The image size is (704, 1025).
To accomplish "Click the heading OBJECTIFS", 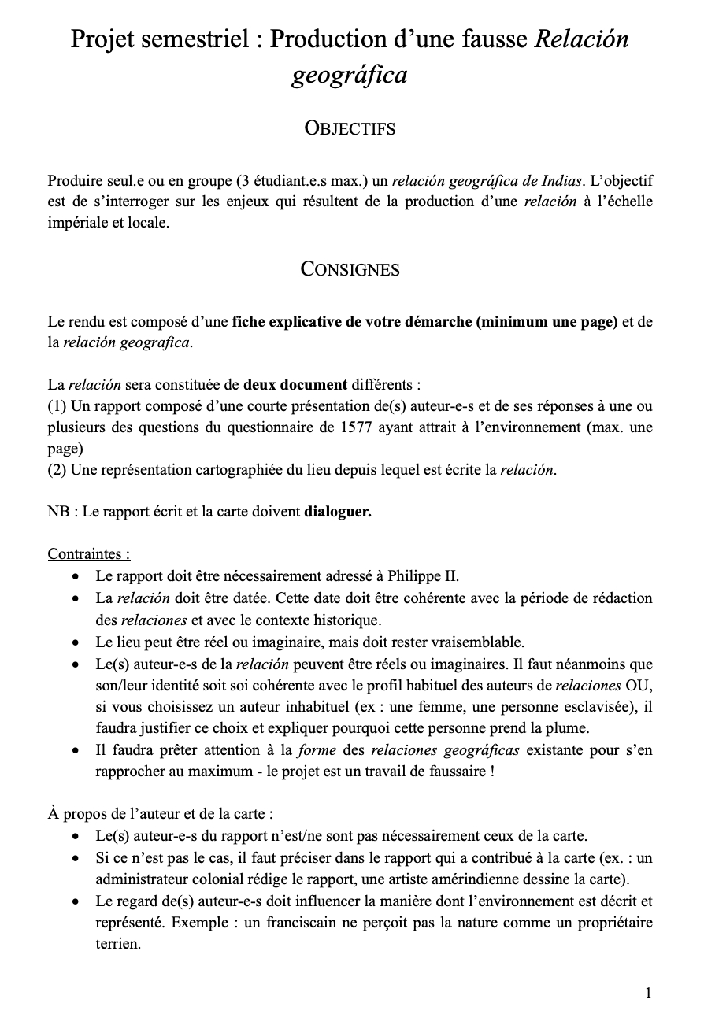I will [350, 128].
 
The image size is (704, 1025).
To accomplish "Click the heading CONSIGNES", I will [350, 269].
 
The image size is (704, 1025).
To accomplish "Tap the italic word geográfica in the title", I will [350, 76].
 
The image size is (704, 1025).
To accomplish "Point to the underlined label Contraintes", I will [89, 553].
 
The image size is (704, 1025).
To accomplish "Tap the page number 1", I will [648, 994].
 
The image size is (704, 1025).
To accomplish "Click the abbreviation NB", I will [57, 512].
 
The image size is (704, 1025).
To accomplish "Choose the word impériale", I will [76, 223].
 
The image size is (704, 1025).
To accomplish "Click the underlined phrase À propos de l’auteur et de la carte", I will [161, 813].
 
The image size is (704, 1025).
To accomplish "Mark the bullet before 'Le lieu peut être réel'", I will [76, 641].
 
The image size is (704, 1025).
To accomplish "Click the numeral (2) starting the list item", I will [56, 471].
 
